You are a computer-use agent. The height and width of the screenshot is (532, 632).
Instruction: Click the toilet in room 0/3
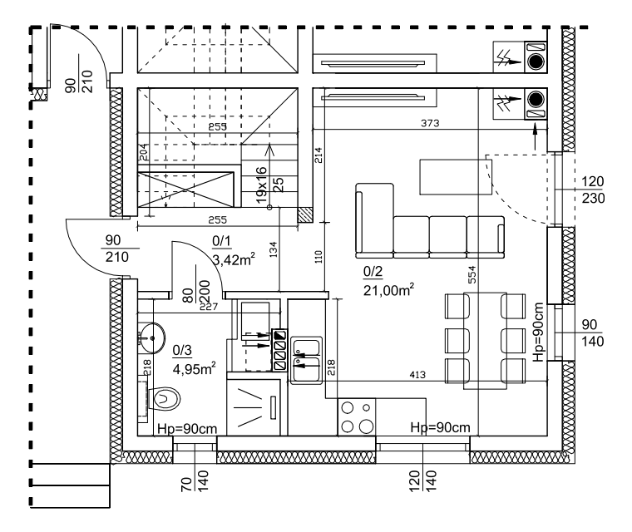click(x=165, y=399)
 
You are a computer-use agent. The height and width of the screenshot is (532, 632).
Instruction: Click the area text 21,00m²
click(x=389, y=289)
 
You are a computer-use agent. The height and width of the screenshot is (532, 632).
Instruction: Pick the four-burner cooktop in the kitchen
click(x=357, y=416)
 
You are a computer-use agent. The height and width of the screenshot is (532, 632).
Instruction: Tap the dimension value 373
click(x=428, y=124)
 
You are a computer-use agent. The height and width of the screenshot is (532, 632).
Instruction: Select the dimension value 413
click(x=417, y=376)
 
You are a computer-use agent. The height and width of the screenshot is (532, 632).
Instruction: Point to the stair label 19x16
click(x=261, y=185)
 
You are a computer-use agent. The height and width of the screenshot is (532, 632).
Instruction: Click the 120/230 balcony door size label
click(x=593, y=190)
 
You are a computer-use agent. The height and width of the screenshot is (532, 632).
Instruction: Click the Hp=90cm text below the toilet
click(x=187, y=428)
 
